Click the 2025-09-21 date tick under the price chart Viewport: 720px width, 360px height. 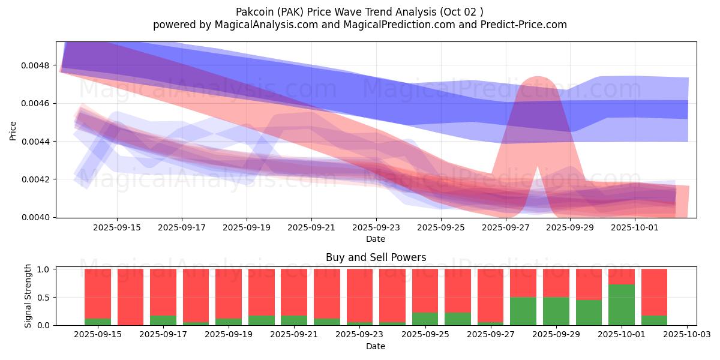pyautogui.click(x=311, y=228)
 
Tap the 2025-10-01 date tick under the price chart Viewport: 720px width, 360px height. pyautogui.click(x=635, y=228)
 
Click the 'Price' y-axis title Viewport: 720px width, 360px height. pyautogui.click(x=13, y=130)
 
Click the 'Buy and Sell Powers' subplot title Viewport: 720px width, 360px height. pyautogui.click(x=376, y=257)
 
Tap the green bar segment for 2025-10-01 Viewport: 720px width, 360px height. pyautogui.click(x=622, y=305)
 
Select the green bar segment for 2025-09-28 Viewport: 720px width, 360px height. pyautogui.click(x=523, y=311)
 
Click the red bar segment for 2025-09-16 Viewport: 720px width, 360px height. pyautogui.click(x=130, y=296)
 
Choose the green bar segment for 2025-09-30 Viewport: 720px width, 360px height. pyautogui.click(x=589, y=312)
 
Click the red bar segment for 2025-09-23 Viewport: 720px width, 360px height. pyautogui.click(x=359, y=295)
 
